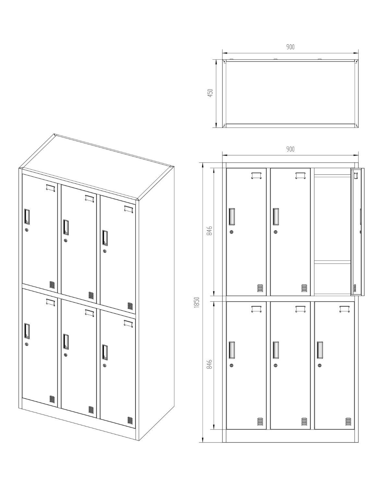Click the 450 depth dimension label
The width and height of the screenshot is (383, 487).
[x=210, y=93]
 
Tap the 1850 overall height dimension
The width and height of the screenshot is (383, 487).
[x=197, y=302]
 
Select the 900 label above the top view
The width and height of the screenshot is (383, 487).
[x=290, y=47]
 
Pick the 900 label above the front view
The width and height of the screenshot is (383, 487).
[x=290, y=149]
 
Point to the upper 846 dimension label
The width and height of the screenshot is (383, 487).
[x=209, y=231]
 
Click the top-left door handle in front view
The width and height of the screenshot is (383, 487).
[x=232, y=217]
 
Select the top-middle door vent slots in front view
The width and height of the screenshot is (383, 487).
[x=304, y=288]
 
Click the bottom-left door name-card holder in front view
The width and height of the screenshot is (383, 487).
[x=256, y=309]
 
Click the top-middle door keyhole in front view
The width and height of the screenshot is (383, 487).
[x=275, y=232]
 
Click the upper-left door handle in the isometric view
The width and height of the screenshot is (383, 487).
[x=27, y=217]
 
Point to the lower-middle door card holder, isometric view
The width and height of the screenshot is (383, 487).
[x=89, y=313]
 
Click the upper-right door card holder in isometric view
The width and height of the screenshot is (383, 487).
[x=128, y=209]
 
